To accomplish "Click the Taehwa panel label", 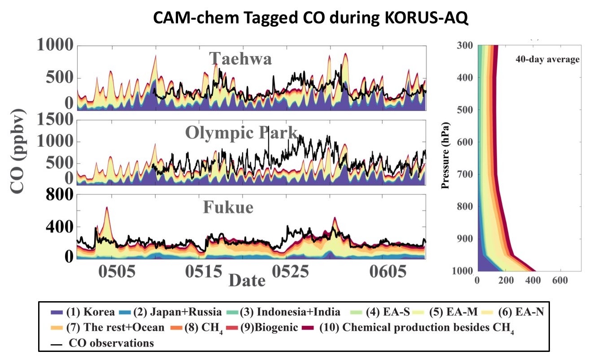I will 240,58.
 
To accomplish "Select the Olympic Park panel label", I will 242,132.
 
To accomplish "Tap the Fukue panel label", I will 228,207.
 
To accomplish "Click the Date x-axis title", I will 247,281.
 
